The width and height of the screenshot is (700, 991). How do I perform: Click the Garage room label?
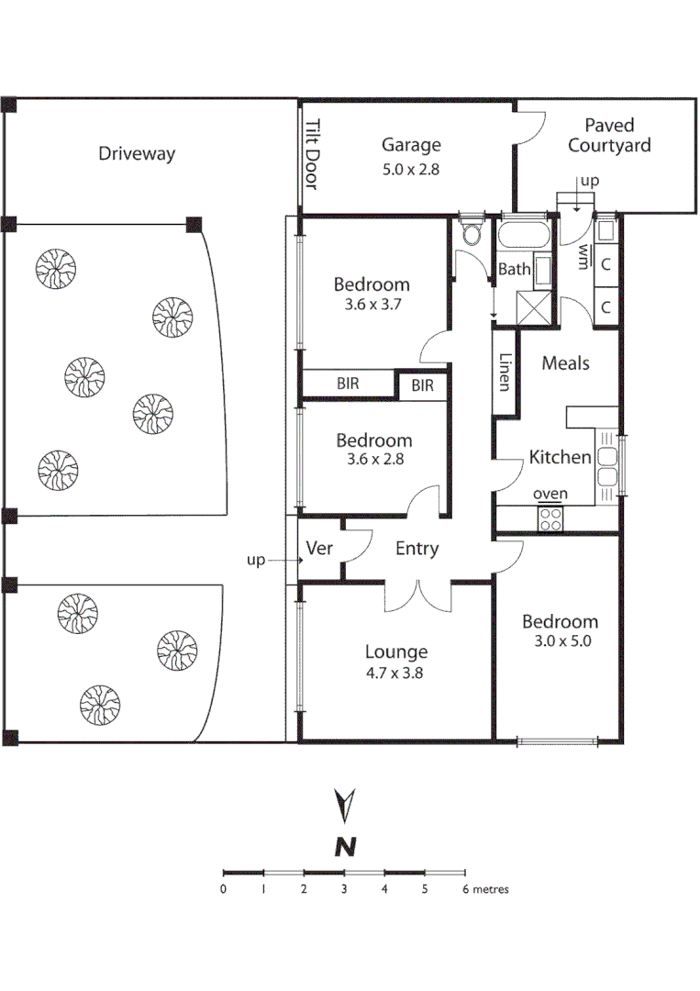pyautogui.click(x=411, y=145)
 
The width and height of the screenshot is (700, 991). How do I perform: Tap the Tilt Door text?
pyautogui.click(x=310, y=155)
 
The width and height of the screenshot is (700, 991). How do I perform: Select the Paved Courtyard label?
pyautogui.click(x=609, y=135)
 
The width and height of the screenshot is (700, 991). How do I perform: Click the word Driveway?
pyautogui.click(x=137, y=153)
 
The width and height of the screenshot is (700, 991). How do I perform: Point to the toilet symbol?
pyautogui.click(x=472, y=234)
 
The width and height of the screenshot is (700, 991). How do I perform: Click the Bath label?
pyautogui.click(x=514, y=270)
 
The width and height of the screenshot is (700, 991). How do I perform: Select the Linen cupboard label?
pyautogui.click(x=504, y=373)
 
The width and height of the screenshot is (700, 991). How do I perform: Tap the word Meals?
pyautogui.click(x=565, y=363)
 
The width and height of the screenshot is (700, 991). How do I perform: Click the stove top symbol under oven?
pyautogui.click(x=550, y=519)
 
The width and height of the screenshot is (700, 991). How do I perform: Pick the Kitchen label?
pyautogui.click(x=560, y=457)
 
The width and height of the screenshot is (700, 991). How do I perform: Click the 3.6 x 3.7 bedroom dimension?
pyautogui.click(x=372, y=303)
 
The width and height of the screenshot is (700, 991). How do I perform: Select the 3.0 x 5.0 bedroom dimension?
pyautogui.click(x=560, y=640)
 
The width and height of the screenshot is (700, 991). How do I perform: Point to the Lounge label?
pyautogui.click(x=396, y=652)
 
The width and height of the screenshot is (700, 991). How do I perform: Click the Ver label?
pyautogui.click(x=318, y=549)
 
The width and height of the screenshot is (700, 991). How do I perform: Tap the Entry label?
pyautogui.click(x=417, y=549)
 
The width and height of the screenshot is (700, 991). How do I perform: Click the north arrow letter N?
pyautogui.click(x=345, y=847)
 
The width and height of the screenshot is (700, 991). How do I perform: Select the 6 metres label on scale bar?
pyautogui.click(x=483, y=889)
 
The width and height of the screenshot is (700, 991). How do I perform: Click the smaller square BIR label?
pyautogui.click(x=422, y=386)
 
